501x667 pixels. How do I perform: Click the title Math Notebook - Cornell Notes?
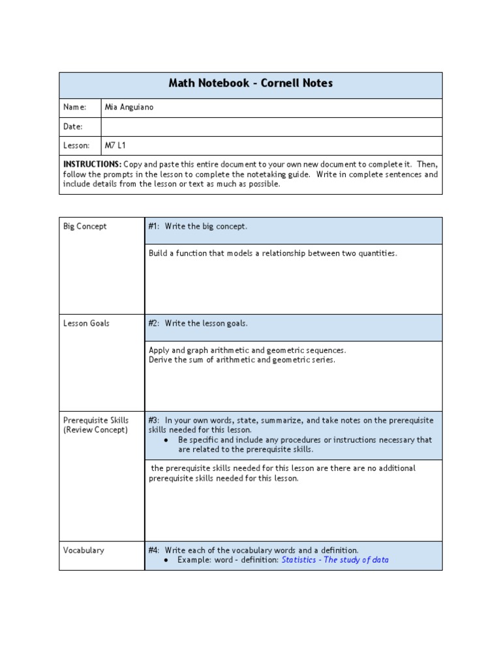(x=250, y=83)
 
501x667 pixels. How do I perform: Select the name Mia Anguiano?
(x=129, y=107)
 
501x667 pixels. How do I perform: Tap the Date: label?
(x=73, y=126)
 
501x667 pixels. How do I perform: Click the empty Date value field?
(x=271, y=126)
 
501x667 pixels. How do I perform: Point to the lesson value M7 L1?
(x=115, y=145)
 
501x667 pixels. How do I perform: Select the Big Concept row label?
(x=85, y=227)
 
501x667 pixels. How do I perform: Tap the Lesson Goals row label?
(x=86, y=323)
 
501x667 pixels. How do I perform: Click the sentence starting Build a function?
(x=272, y=253)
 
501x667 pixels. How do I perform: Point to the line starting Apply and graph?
(x=247, y=350)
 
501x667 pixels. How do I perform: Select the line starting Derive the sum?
(x=241, y=360)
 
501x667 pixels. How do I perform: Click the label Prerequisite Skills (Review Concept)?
(x=95, y=425)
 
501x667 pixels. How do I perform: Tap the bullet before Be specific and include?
(x=168, y=440)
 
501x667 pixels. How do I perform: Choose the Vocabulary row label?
(x=83, y=550)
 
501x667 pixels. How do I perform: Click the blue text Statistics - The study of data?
(x=335, y=560)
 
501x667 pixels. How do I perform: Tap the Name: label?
(x=74, y=107)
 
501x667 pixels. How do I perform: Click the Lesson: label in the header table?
(x=76, y=145)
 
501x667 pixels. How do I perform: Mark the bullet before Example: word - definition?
(x=168, y=560)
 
